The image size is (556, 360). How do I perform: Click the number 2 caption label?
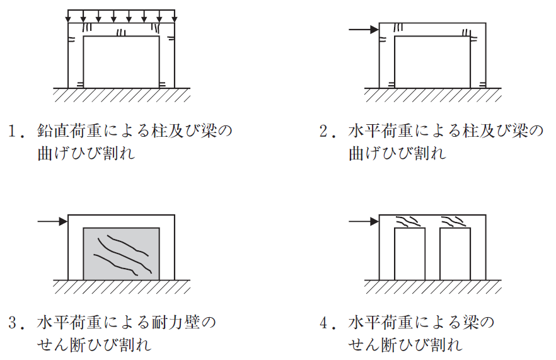click(x=325, y=132)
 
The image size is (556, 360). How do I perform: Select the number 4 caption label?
click(x=325, y=323)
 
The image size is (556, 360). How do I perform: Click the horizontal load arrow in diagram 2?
click(x=364, y=29)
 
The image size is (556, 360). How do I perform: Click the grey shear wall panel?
click(x=121, y=253)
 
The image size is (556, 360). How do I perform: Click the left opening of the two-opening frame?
click(x=409, y=253)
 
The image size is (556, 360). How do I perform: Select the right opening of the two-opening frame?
click(x=455, y=253)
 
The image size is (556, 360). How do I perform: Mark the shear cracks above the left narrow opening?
click(x=408, y=221)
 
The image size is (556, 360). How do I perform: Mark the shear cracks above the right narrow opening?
click(x=455, y=221)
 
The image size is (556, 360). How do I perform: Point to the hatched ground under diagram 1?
click(x=121, y=95)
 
